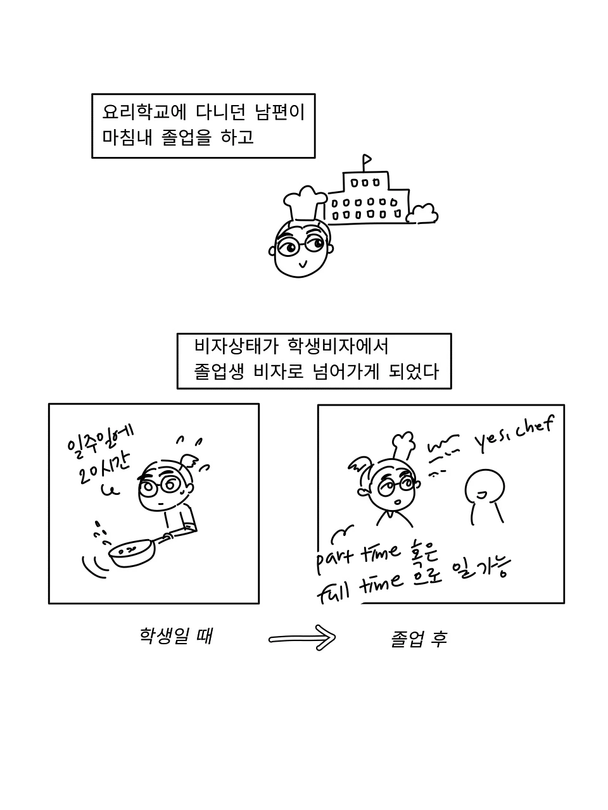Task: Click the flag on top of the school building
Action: (x=367, y=159)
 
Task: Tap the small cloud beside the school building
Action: (x=422, y=214)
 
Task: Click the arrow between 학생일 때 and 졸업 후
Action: (x=302, y=637)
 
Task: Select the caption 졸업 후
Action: (x=419, y=639)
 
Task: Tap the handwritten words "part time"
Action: (x=358, y=557)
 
